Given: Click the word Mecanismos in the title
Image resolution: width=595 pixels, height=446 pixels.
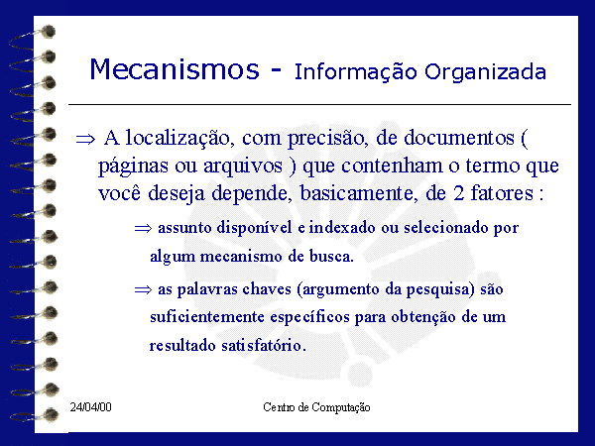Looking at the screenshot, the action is click(x=175, y=69).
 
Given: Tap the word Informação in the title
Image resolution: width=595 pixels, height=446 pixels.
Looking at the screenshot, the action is click(x=356, y=72).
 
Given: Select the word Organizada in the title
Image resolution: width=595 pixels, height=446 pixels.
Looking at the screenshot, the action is click(x=485, y=72).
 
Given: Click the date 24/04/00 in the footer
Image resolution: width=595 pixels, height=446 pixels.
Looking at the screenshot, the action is click(x=90, y=407).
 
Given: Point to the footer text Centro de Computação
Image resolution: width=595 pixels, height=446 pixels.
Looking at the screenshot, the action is click(x=316, y=407).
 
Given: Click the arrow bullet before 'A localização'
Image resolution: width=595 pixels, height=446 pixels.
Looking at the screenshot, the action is click(x=85, y=140).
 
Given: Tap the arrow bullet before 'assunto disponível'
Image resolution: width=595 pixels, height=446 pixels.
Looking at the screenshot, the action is click(x=143, y=228).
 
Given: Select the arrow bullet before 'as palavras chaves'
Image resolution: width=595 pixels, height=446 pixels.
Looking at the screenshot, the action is click(x=143, y=290).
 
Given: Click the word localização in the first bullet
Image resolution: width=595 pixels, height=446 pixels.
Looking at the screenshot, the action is click(x=178, y=139).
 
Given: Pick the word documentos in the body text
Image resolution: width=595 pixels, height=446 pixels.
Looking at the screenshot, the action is click(x=459, y=138).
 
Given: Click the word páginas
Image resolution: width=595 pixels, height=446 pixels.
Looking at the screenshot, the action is click(x=133, y=167).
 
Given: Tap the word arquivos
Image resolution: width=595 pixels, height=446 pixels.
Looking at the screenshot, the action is click(x=243, y=167).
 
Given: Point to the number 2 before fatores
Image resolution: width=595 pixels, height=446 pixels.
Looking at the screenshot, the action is click(x=459, y=193).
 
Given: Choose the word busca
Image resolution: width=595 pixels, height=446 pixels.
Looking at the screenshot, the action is click(x=331, y=257).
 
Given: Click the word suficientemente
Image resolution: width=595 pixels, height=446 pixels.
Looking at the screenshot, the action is click(x=207, y=317).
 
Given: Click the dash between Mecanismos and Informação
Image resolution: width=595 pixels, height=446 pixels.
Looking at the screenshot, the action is click(x=277, y=69).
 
